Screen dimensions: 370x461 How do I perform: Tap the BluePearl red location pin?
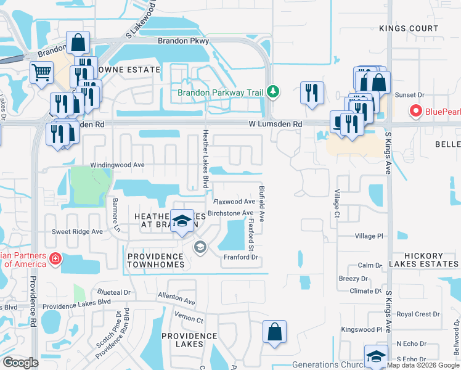click(x=415, y=112)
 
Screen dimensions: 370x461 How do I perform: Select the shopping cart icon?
click(x=41, y=72)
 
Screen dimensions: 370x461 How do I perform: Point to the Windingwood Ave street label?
click(x=117, y=165)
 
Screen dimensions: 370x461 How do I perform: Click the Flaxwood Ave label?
click(x=234, y=202)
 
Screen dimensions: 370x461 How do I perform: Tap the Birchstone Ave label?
click(x=230, y=213)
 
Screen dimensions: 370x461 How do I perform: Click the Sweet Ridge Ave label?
click(x=77, y=232)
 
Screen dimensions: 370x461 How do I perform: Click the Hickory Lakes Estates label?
click(x=431, y=260)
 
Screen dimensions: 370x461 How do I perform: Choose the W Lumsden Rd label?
click(x=275, y=124)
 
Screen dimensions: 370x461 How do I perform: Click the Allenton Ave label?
click(x=176, y=300)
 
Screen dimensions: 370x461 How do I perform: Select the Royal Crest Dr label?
click(x=418, y=314)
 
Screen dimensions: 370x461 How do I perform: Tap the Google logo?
click(x=20, y=362)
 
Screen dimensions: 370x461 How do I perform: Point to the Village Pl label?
click(x=369, y=236)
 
